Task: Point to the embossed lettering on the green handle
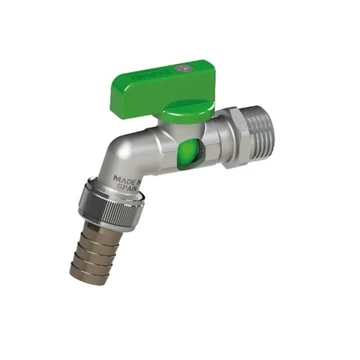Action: pos(159,75)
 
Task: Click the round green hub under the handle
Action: pos(185,109)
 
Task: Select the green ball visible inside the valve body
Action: pos(187,157)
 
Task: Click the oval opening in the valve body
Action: pos(187,157)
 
